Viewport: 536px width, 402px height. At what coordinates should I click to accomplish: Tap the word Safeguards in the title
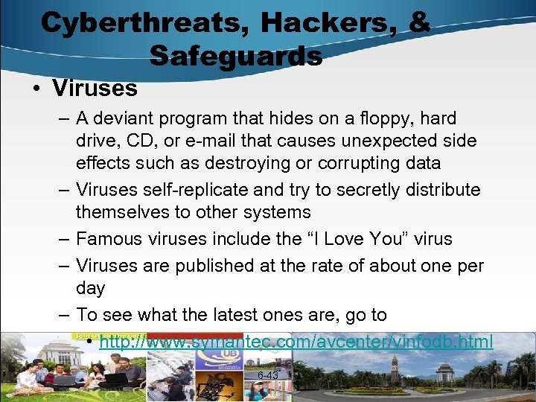tap(235, 55)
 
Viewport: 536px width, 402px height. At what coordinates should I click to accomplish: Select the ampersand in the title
tap(418, 22)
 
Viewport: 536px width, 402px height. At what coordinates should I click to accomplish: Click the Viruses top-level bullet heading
tap(95, 89)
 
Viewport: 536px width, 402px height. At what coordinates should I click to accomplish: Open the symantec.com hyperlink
tap(296, 342)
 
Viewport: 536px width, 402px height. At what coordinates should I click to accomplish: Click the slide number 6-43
tap(267, 376)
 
